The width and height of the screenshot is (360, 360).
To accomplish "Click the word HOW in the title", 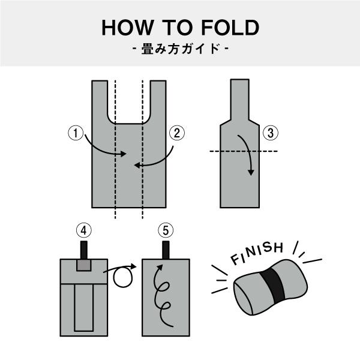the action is [x=128, y=28].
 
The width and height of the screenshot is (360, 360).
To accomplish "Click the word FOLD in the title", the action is [x=230, y=28].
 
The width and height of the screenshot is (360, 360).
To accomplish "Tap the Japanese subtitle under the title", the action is [x=181, y=49].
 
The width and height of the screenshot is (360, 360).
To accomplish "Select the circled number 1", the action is [x=76, y=133].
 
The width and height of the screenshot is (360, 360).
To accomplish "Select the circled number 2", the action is [x=177, y=133].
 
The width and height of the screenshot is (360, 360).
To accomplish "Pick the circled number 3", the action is [x=271, y=133].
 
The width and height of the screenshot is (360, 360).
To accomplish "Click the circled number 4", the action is [x=84, y=230].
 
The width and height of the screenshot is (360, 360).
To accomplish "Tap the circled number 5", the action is [x=166, y=230].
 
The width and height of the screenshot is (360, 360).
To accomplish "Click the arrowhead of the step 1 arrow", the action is [x=123, y=154].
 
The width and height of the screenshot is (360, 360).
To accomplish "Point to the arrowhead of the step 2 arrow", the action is [x=137, y=165].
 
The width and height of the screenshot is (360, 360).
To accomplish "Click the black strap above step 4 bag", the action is [x=84, y=250].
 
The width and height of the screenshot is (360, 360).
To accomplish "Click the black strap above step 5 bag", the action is [x=166, y=250].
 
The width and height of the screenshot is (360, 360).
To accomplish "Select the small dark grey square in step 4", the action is [x=84, y=265].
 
